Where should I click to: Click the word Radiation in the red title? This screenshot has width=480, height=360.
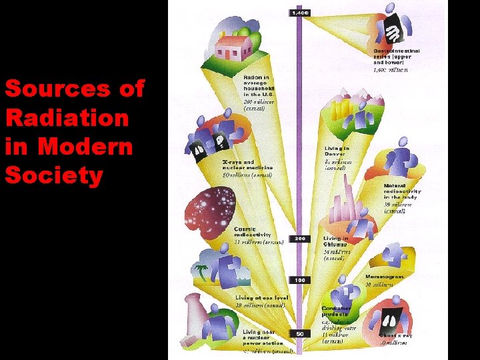67,118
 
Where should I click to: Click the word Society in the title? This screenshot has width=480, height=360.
54,175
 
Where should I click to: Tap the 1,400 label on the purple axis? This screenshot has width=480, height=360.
299,13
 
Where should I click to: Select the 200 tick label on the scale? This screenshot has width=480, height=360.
300,238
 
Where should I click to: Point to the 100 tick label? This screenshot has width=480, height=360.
300,280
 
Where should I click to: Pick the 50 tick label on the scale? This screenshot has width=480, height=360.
300,333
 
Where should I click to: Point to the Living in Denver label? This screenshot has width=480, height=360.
337,152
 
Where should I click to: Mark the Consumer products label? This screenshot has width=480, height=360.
337,311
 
